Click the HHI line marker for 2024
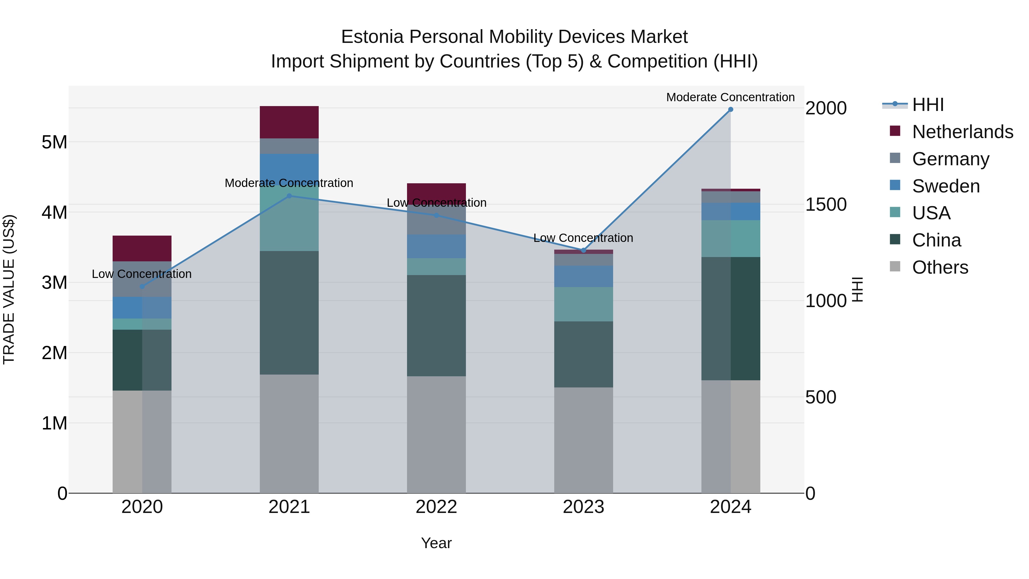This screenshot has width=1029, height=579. (730, 110)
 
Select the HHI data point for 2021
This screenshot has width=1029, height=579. (289, 196)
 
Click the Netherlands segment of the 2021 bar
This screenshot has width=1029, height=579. (289, 122)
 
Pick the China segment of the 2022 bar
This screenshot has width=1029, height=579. (436, 326)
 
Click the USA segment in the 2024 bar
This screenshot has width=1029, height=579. (731, 238)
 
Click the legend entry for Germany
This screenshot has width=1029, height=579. (950, 159)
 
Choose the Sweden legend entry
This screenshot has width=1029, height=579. (946, 186)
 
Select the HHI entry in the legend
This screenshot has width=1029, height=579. (928, 105)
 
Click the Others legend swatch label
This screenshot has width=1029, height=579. (940, 267)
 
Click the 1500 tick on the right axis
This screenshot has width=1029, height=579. (825, 205)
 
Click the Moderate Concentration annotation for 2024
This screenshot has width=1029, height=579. (730, 97)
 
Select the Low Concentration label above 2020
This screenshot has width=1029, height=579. (142, 274)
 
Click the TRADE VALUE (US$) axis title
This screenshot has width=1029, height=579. (9, 289)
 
